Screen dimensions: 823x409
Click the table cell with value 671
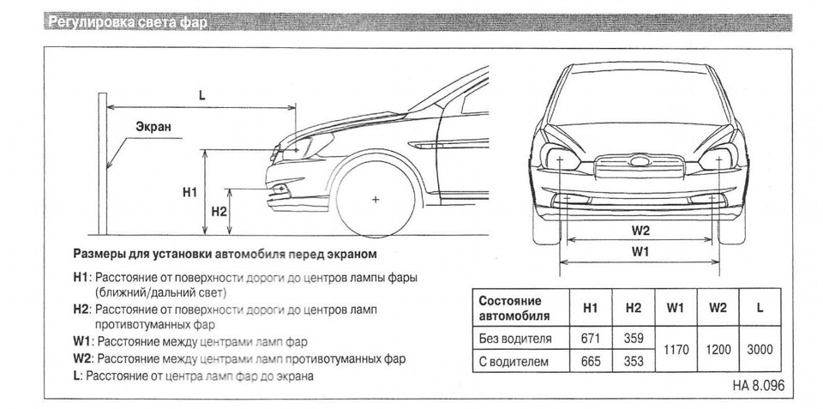tap(590, 338)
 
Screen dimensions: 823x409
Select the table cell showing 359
tap(634, 338)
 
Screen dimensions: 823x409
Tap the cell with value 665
tap(590, 361)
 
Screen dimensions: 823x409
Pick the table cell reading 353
tap(634, 361)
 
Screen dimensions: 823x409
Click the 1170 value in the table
tap(676, 350)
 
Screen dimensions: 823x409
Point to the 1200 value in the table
tap(718, 350)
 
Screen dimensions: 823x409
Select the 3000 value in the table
tap(760, 350)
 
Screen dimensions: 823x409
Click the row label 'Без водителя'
tap(514, 338)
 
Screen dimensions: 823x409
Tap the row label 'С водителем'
tap(513, 361)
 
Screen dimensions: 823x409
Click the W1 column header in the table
tap(676, 307)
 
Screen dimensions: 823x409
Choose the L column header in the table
tap(760, 307)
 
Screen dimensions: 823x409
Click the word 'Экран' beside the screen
tap(153, 126)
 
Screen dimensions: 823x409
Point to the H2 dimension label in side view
tap(218, 211)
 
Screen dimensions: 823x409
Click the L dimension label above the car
tap(201, 96)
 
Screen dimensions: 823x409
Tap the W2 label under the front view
tap(641, 230)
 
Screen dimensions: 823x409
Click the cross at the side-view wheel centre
tap(375, 199)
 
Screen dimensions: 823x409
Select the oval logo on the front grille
tap(638, 162)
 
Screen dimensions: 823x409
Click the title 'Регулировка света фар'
tap(129, 22)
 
